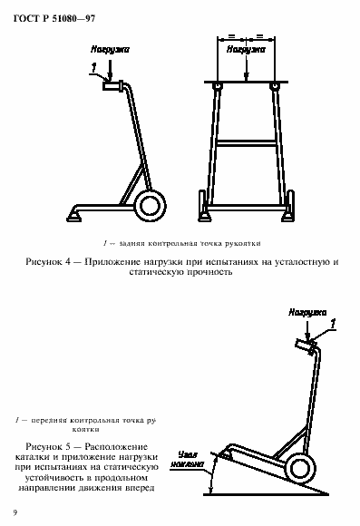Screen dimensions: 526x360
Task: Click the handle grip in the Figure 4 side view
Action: click(x=114, y=87)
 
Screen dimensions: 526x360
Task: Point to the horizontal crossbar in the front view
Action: click(x=244, y=141)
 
